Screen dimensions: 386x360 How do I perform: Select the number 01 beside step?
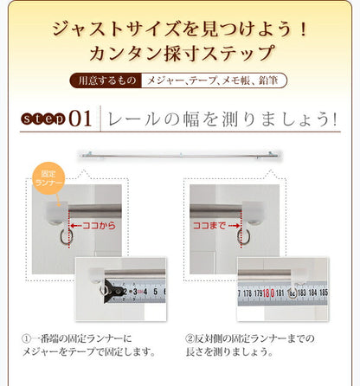[80, 118]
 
